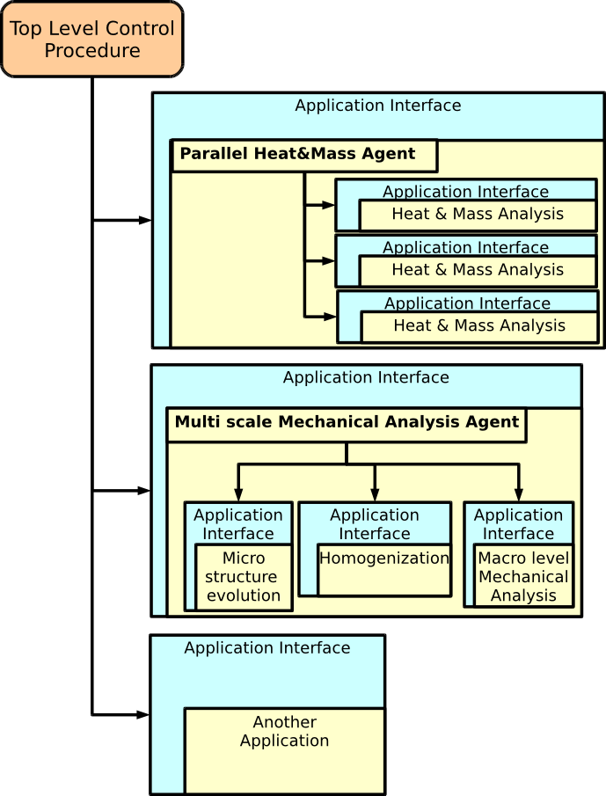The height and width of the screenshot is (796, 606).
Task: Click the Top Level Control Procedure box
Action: pos(92,40)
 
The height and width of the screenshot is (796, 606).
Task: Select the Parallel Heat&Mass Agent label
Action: pos(297,154)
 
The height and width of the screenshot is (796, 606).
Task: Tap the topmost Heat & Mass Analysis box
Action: pos(478,214)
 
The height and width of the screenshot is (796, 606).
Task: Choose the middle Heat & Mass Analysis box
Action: pos(478,270)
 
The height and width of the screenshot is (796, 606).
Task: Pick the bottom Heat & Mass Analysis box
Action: pos(479,325)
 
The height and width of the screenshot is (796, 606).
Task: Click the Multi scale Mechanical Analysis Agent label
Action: pos(347,422)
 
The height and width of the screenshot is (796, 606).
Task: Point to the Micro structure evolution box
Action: pos(243,577)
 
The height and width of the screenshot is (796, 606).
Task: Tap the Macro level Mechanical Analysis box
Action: pos(523,577)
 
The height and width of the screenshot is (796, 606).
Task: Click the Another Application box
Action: pos(284,732)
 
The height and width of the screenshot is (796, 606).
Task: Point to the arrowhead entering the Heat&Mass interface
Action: pos(144,220)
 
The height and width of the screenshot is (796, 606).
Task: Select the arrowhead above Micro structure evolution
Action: pos(238,495)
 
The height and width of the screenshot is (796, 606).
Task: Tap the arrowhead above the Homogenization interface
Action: pos(375,495)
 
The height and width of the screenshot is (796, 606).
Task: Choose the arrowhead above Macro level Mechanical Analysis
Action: pos(518,495)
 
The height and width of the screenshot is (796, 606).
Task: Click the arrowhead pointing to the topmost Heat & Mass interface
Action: pos(328,205)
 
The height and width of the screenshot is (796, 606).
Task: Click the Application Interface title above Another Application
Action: pos(267,648)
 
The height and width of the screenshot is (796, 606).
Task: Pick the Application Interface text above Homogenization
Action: pos(375,524)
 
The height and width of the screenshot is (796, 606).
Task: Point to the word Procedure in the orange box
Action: pos(92,51)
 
